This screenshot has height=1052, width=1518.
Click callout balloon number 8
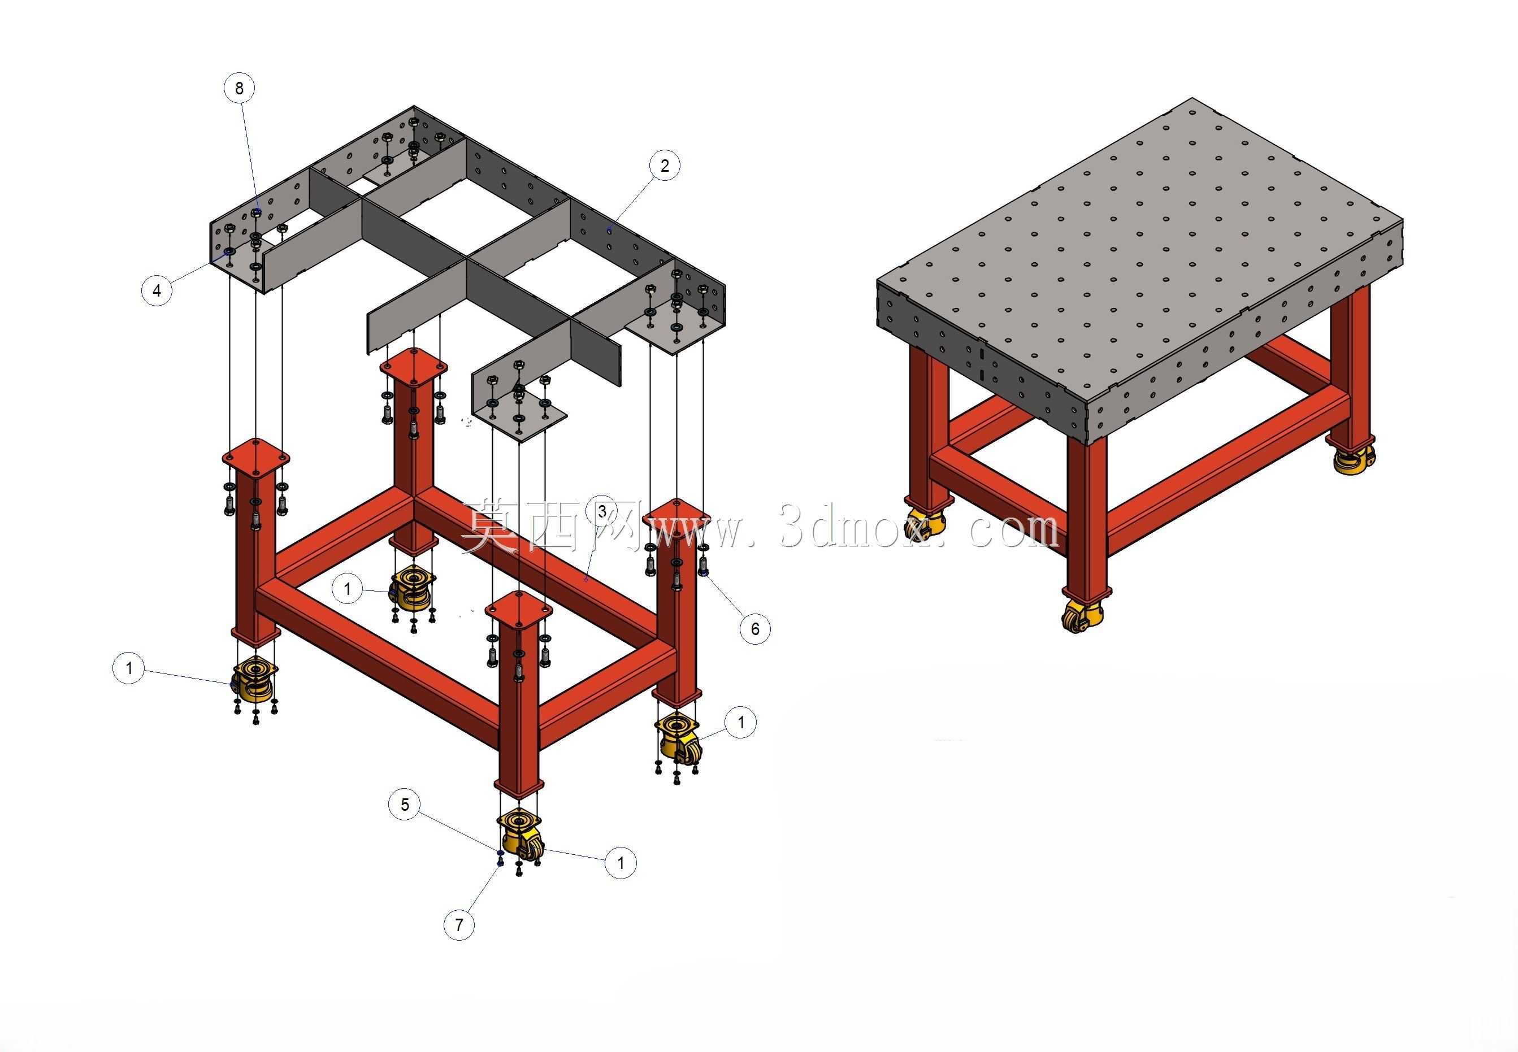tap(239, 88)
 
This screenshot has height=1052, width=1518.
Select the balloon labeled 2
tap(665, 166)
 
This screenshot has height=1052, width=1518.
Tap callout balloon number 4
tap(157, 290)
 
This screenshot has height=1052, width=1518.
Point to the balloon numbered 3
tap(602, 511)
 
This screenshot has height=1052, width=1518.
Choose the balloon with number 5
tap(405, 804)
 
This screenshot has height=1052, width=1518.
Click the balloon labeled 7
tap(459, 925)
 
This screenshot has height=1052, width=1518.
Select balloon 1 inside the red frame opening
tap(348, 589)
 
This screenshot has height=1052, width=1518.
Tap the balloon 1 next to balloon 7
tap(621, 862)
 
